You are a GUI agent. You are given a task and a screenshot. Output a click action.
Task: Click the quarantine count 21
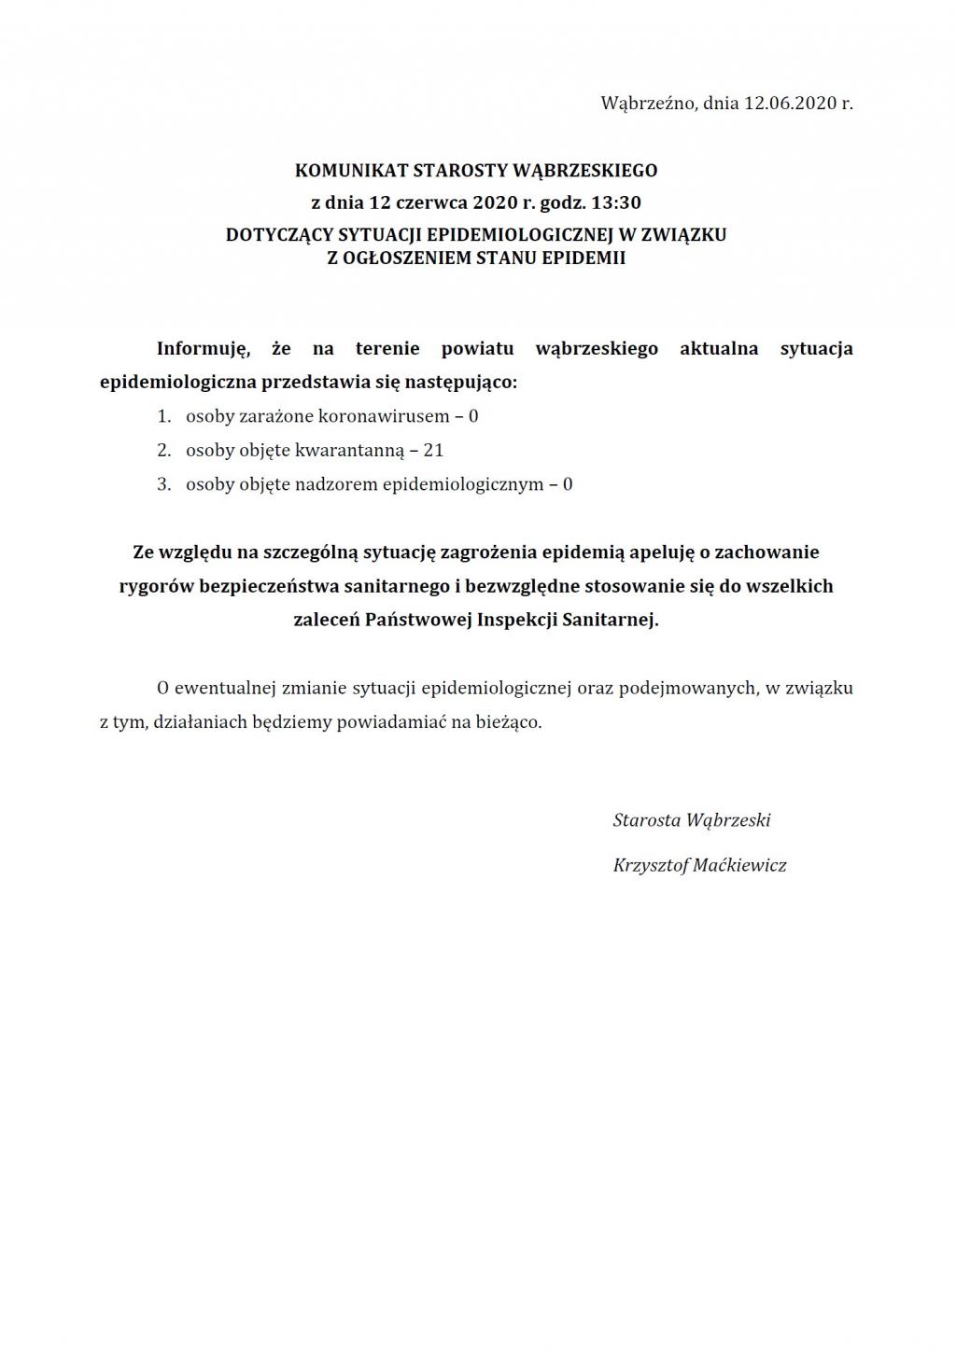pyautogui.click(x=433, y=451)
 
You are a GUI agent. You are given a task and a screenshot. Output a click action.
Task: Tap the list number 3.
pyautogui.click(x=163, y=484)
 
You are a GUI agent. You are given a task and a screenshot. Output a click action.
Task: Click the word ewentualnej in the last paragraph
pyautogui.click(x=229, y=689)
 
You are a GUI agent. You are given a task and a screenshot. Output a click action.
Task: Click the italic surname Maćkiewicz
pyautogui.click(x=740, y=865)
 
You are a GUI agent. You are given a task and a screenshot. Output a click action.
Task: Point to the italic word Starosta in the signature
pyautogui.click(x=646, y=820)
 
